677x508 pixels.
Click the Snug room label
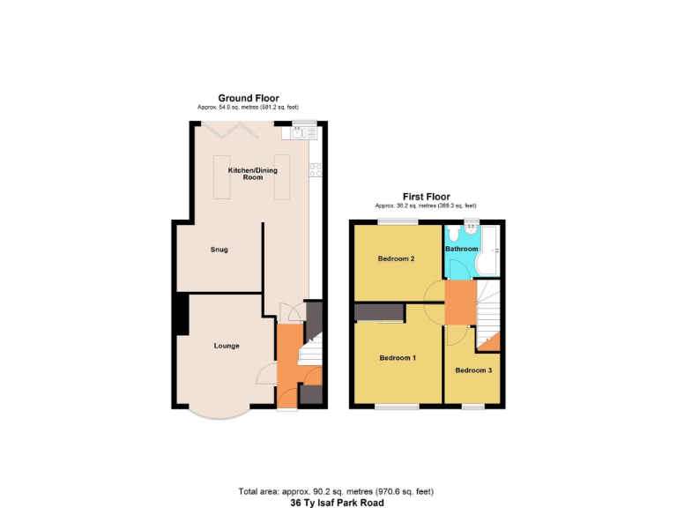click(x=219, y=250)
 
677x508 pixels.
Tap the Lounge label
click(x=227, y=346)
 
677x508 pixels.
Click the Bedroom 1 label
click(x=398, y=358)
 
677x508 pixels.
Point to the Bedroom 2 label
click(x=397, y=258)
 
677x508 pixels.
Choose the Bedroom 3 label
click(x=473, y=370)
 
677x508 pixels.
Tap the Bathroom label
click(x=461, y=249)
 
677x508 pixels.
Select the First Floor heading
click(x=426, y=197)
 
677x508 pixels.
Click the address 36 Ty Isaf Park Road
click(x=338, y=503)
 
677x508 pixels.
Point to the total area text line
click(x=336, y=491)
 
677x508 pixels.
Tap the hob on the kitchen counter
click(x=315, y=169)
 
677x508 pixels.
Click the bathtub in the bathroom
click(x=490, y=250)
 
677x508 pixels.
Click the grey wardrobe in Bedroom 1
click(x=380, y=312)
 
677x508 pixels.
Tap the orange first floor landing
click(x=459, y=302)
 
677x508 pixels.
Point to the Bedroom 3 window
click(x=473, y=407)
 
